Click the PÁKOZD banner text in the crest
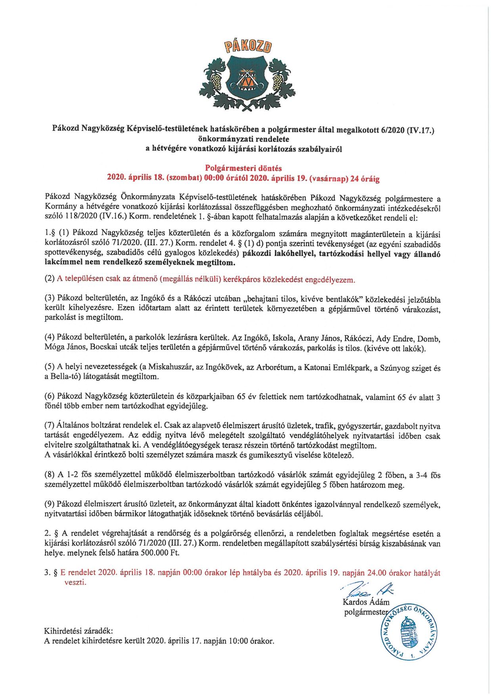(x=248, y=47)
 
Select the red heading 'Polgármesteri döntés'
(x=243, y=168)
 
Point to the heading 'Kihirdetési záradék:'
(x=78, y=631)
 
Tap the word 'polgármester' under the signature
(x=365, y=612)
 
